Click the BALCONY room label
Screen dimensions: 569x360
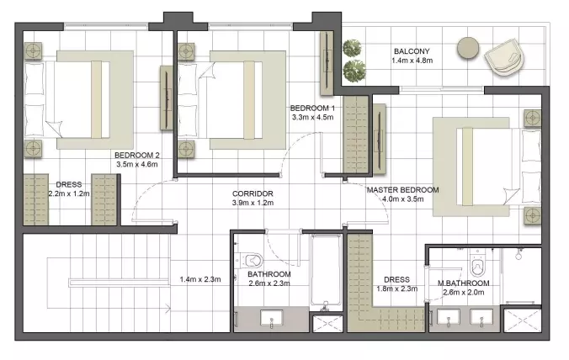[412, 51]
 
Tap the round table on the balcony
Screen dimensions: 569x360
[468, 48]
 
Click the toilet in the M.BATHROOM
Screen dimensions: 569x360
[477, 264]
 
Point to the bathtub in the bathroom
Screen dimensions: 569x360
[326, 271]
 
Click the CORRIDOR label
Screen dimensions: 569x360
[253, 194]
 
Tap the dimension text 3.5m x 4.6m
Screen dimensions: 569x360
[137, 164]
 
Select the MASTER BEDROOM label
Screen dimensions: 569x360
[402, 190]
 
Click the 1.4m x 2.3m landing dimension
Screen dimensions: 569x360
[200, 279]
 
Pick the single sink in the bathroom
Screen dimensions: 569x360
[271, 318]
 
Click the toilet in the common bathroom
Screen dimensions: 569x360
[249, 260]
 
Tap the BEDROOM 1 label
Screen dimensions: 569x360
[312, 108]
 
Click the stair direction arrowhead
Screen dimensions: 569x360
[168, 310]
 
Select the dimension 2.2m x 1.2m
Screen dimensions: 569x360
[69, 193]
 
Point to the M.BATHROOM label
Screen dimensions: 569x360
[463, 283]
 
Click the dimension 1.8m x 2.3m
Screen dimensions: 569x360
[396, 289]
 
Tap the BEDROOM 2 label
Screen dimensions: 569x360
[137, 155]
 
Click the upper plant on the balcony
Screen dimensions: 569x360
[352, 48]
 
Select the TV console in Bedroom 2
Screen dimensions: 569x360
[167, 98]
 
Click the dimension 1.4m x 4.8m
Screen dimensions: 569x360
[412, 61]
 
